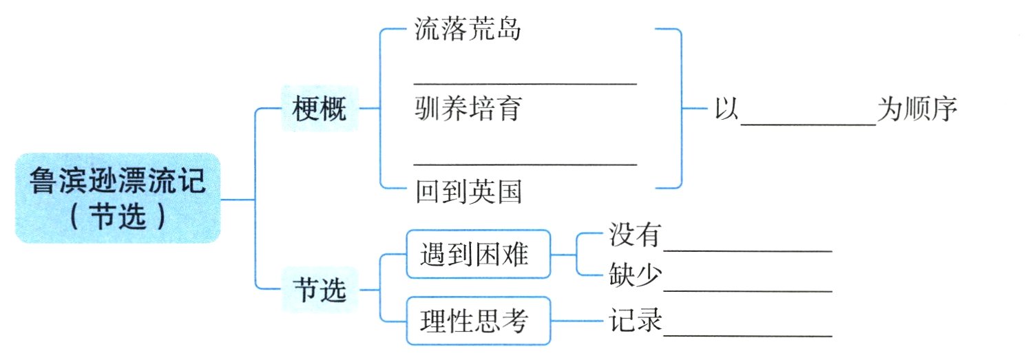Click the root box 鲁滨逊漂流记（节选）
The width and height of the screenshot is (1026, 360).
pyautogui.click(x=118, y=198)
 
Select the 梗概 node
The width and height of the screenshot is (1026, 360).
pyautogui.click(x=320, y=109)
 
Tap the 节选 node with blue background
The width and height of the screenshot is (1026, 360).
pyautogui.click(x=320, y=291)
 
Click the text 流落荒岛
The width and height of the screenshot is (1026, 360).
pyautogui.click(x=467, y=29)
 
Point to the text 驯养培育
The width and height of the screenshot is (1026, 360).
pyautogui.click(x=468, y=109)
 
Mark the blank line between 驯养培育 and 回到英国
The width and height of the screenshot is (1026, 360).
pyautogui.click(x=525, y=164)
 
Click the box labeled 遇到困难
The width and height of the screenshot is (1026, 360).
pyautogui.click(x=478, y=255)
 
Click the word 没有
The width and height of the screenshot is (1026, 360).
pyautogui.click(x=635, y=236)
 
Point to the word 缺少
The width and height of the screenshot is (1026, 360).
pyautogui.click(x=635, y=277)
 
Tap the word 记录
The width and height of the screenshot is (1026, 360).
pyautogui.click(x=635, y=321)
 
